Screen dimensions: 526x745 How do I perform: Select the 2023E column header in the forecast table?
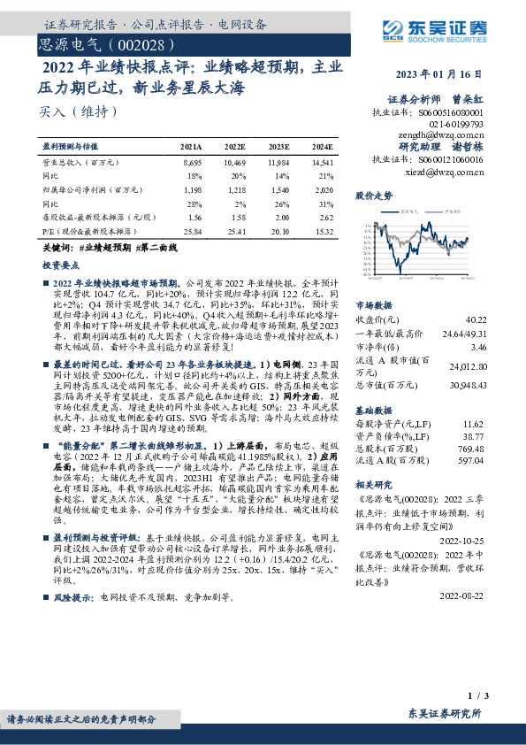coord(279,145)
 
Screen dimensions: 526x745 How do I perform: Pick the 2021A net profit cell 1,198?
coord(192,189)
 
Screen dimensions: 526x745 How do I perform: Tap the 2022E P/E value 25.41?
coord(235,230)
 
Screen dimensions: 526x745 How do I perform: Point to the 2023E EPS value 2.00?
coord(279,217)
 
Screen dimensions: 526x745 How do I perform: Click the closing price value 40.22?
coord(476,319)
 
